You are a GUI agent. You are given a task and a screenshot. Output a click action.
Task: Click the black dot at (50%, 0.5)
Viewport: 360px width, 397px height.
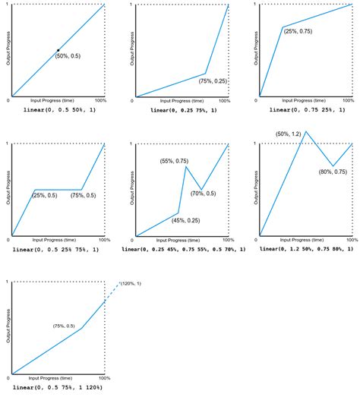pos(58,51)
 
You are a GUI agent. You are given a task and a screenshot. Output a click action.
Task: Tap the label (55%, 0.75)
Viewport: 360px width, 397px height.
pos(174,161)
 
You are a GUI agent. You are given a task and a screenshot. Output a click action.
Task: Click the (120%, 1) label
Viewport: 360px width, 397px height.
pos(131,283)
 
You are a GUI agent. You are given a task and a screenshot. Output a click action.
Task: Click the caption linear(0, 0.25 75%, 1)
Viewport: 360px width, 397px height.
pos(183,110)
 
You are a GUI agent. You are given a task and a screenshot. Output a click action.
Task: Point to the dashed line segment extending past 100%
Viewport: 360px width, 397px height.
pos(112,291)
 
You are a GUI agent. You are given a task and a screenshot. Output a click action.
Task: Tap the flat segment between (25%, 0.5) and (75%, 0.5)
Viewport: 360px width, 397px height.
pos(58,190)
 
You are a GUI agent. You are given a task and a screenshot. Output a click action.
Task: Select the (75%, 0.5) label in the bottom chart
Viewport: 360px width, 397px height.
pos(64,326)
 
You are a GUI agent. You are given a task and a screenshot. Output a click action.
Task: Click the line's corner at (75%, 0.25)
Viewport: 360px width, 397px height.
pos(205,74)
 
